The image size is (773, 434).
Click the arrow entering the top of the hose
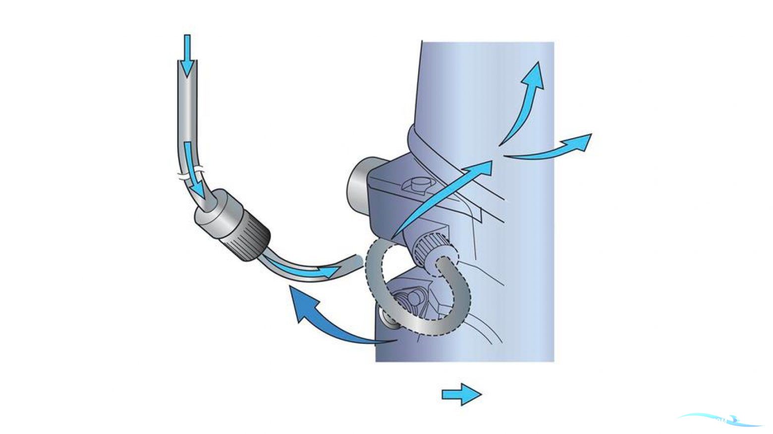coord(187,55)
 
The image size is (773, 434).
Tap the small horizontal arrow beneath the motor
coord(461,394)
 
